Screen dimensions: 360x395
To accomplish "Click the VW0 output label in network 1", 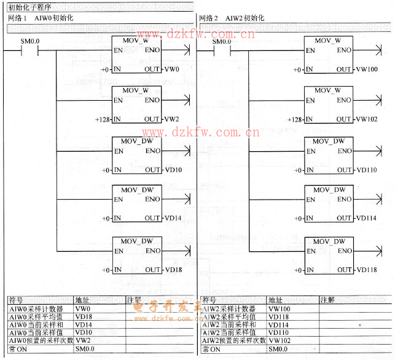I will point(171,69).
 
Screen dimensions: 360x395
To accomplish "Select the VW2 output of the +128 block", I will point(171,119).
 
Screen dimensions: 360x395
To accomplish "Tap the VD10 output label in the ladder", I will point(173,170).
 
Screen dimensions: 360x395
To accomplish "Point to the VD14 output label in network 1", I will point(173,218).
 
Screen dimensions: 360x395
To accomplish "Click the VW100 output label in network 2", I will point(367,69).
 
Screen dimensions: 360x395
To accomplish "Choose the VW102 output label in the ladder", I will point(367,119).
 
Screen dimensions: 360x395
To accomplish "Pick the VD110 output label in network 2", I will point(367,170).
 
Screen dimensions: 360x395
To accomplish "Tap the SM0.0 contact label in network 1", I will point(30,41).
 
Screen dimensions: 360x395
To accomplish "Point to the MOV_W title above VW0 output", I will point(135,41).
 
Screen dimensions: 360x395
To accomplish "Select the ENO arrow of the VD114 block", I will point(372,200).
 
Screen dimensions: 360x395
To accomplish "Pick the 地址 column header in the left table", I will point(82,300).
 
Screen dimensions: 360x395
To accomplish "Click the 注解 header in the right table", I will point(327,300).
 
